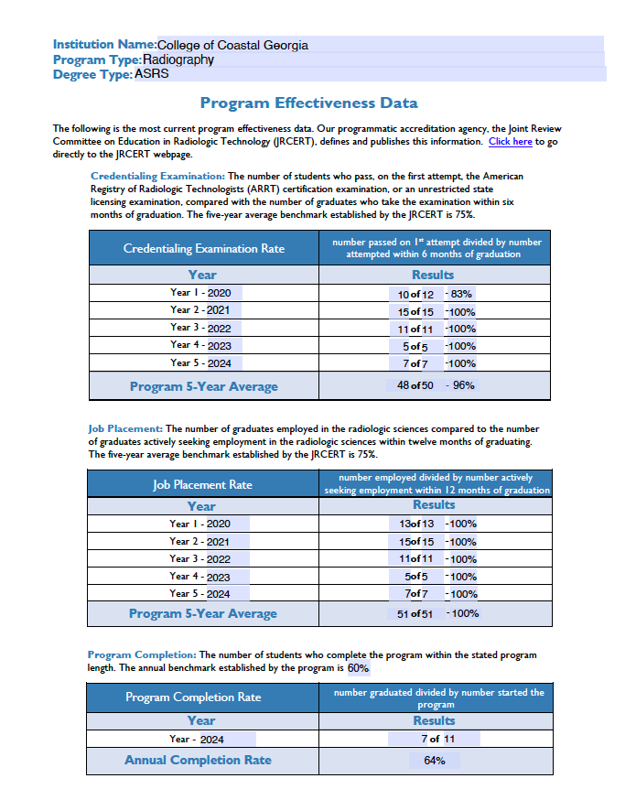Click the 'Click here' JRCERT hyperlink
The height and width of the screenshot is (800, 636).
coord(510,142)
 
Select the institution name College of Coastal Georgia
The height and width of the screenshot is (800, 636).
coord(232,45)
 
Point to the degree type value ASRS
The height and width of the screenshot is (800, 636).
coord(152,74)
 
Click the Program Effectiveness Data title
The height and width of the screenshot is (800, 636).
coord(308,103)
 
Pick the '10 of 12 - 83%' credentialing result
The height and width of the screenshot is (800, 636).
coord(434,295)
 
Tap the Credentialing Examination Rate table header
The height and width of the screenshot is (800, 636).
coord(203,249)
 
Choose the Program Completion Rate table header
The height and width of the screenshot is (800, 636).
coord(193,697)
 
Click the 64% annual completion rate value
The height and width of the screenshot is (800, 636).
coord(435,761)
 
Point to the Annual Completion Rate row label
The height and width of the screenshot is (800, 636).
coord(198,760)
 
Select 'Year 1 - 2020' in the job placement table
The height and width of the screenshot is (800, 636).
coord(199,524)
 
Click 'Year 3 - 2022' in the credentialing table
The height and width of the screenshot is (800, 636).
coord(200,328)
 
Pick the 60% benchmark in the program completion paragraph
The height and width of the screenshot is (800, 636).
coord(358,668)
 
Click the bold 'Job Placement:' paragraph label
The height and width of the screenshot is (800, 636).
coord(125,428)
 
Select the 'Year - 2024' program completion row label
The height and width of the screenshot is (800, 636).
coord(197,739)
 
